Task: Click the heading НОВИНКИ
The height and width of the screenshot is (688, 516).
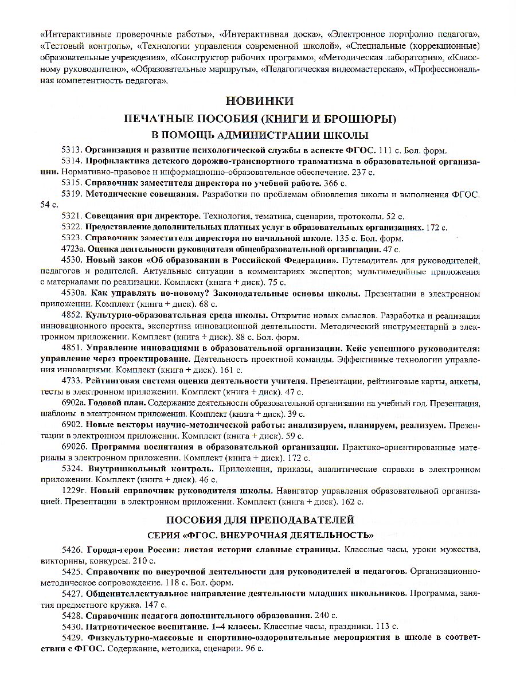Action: pos(259,101)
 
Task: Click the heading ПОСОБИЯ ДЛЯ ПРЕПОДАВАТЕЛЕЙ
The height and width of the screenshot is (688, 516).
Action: pos(259,520)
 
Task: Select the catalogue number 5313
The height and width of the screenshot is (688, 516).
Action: pos(72,151)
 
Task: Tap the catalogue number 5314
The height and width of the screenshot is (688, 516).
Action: pos(72,161)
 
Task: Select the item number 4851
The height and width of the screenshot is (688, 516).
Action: pos(72,349)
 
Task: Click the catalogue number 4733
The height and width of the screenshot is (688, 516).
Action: pos(72,381)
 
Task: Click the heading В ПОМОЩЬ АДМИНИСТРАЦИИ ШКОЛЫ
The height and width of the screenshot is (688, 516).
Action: pos(259,135)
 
